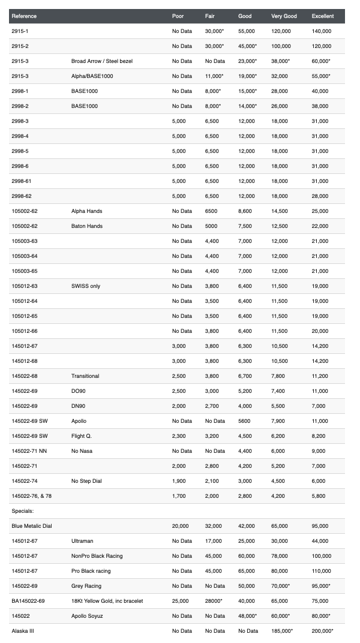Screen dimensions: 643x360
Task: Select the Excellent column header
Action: pos(323,16)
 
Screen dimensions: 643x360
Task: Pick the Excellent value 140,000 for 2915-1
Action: pos(320,31)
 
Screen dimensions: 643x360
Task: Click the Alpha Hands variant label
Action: pos(87,211)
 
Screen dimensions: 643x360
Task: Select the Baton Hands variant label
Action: pos(87,226)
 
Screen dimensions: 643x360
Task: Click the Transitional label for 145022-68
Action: pos(85,376)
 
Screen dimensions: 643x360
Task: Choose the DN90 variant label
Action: pos(79,406)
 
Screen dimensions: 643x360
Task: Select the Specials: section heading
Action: pos(23,511)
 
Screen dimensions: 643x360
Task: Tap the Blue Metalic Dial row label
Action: pos(32,526)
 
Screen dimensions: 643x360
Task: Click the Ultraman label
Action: pos(83,541)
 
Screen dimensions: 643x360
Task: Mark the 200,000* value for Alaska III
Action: pos(323,631)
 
